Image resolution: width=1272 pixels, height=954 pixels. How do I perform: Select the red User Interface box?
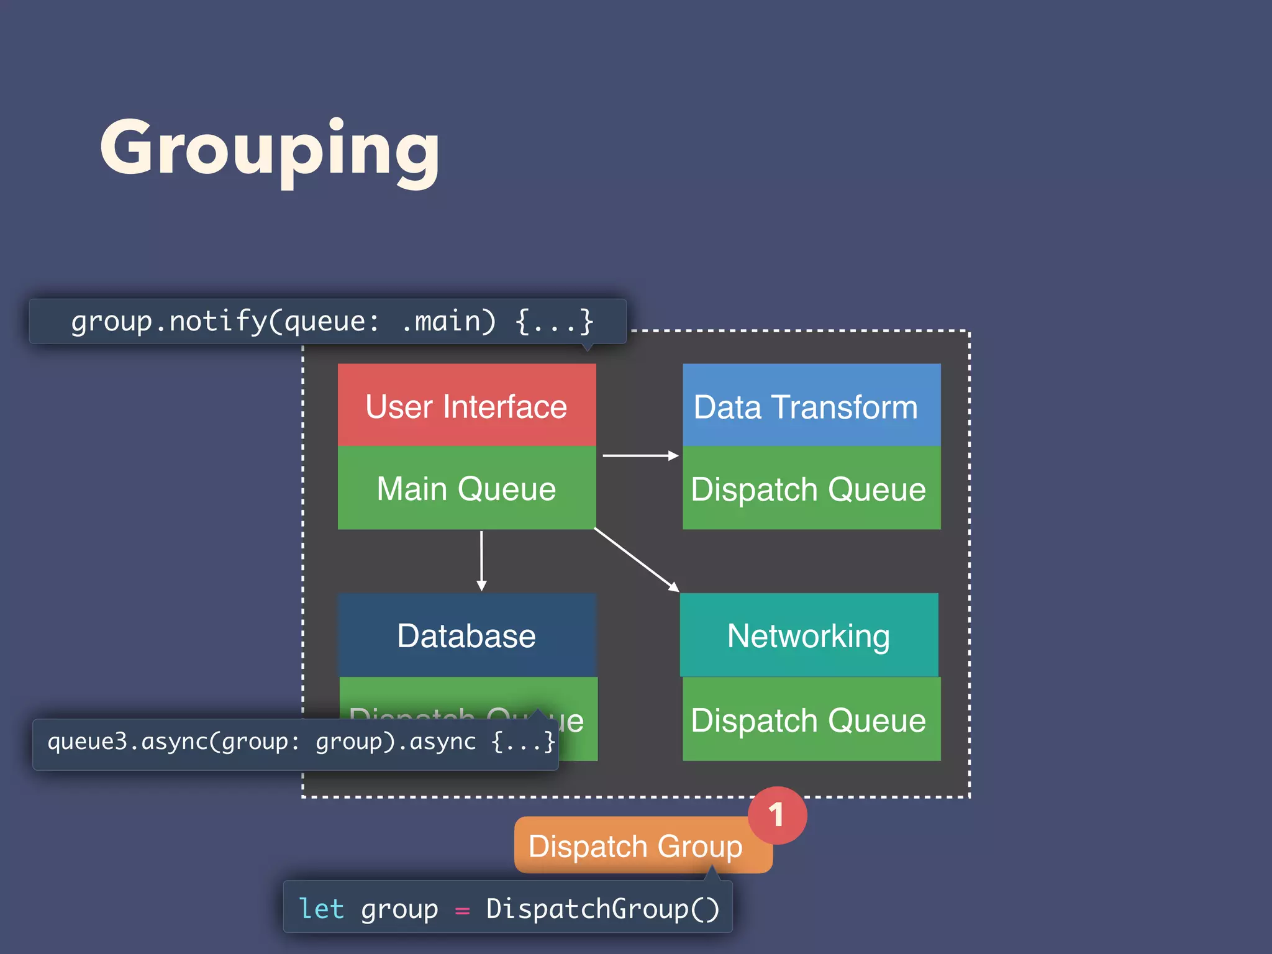(466, 406)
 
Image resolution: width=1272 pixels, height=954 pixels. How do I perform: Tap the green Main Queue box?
(466, 488)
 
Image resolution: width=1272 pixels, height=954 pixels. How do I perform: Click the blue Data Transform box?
(811, 406)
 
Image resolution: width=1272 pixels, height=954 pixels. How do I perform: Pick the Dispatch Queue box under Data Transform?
(811, 488)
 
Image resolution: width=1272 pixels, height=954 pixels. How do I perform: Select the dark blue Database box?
(467, 635)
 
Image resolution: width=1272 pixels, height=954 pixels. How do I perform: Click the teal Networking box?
(809, 635)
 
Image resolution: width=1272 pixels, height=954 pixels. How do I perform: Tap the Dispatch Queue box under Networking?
(811, 719)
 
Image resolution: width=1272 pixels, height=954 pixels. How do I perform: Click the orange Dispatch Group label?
(635, 846)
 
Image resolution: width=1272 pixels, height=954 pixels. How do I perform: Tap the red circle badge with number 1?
(777, 815)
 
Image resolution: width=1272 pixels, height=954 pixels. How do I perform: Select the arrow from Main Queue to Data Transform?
(640, 456)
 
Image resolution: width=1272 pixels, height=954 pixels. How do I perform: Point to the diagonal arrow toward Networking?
(637, 560)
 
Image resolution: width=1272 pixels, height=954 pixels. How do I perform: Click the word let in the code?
(321, 909)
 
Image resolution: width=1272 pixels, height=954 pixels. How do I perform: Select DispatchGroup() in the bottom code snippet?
(602, 909)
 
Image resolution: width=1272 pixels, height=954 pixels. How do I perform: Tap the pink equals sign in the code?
(462, 911)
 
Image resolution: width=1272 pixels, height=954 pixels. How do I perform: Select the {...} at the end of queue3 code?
(523, 742)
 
